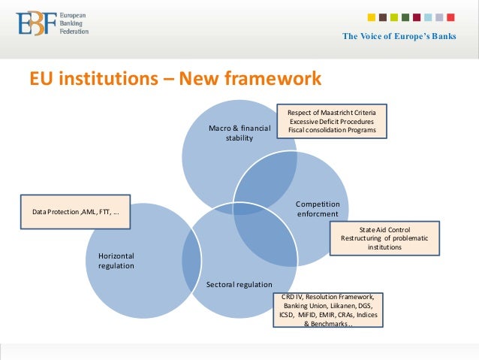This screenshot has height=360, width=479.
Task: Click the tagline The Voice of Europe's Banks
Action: click(399, 37)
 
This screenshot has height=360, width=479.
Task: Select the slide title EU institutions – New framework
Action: click(175, 78)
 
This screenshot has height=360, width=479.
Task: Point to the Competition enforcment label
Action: click(318, 209)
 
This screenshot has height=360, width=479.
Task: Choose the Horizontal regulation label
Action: click(116, 261)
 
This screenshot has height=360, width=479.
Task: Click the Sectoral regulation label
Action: click(239, 284)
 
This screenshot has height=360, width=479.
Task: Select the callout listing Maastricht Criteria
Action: click(331, 121)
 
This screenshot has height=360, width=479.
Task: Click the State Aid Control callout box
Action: click(384, 237)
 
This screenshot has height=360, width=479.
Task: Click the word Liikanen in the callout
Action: click(350, 307)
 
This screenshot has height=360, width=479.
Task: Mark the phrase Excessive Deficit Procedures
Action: click(331, 121)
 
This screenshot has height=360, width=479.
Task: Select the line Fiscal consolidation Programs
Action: click(331, 130)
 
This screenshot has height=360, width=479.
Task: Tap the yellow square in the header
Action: click(372, 17)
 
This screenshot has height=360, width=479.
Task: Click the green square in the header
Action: click(405, 17)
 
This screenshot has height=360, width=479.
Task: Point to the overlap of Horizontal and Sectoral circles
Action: click(191, 256)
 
